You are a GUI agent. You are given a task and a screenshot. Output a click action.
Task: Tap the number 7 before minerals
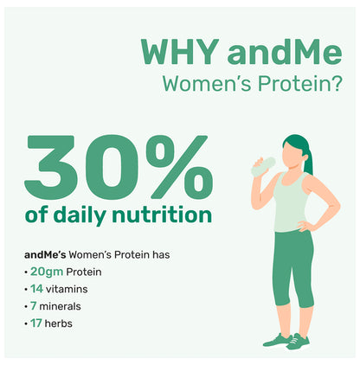pos(34,305)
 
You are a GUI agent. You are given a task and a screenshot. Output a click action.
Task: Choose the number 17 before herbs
pos(37,323)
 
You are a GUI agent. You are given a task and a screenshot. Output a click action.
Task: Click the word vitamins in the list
pos(69,288)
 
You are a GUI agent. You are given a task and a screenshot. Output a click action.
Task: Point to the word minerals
pos(63,305)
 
